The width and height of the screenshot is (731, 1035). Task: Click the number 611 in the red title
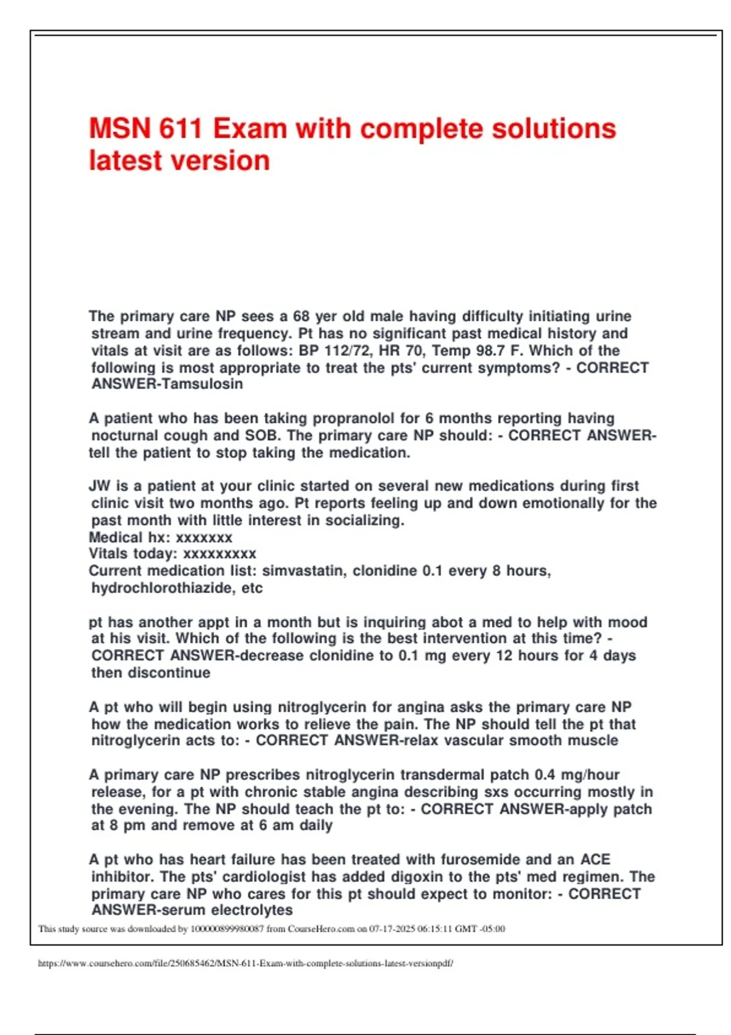pyautogui.click(x=181, y=129)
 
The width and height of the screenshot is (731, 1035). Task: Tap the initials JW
pyautogui.click(x=100, y=486)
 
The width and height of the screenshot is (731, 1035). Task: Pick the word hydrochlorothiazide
pyautogui.click(x=163, y=588)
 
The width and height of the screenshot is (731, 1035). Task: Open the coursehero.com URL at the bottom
pyautogui.click(x=245, y=964)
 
